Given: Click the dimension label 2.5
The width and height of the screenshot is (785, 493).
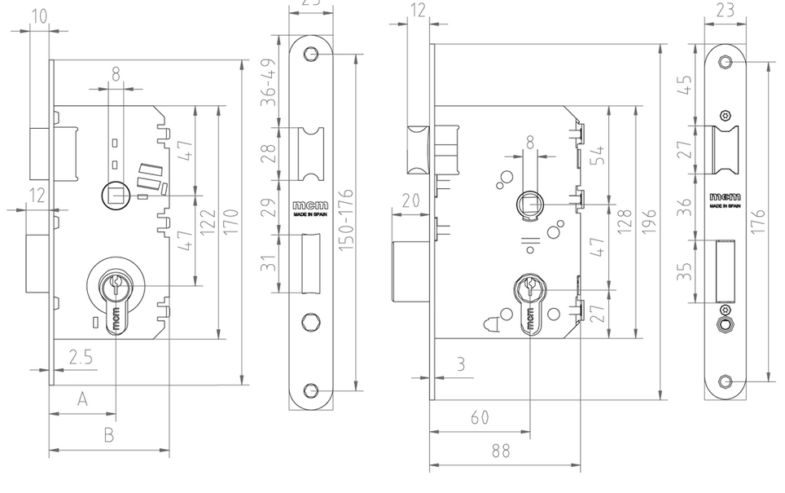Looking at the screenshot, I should click(x=81, y=356).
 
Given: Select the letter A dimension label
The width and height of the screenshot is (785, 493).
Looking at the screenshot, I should click(x=82, y=398).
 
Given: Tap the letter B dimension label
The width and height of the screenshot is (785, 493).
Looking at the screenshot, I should click(x=108, y=435).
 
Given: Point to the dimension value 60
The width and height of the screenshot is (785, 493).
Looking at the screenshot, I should click(x=480, y=417).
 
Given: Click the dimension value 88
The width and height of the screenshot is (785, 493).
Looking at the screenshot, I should click(x=502, y=451).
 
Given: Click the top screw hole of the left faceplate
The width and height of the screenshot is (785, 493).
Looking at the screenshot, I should click(x=309, y=54).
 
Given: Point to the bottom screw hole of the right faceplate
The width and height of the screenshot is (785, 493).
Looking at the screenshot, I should click(x=726, y=381).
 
